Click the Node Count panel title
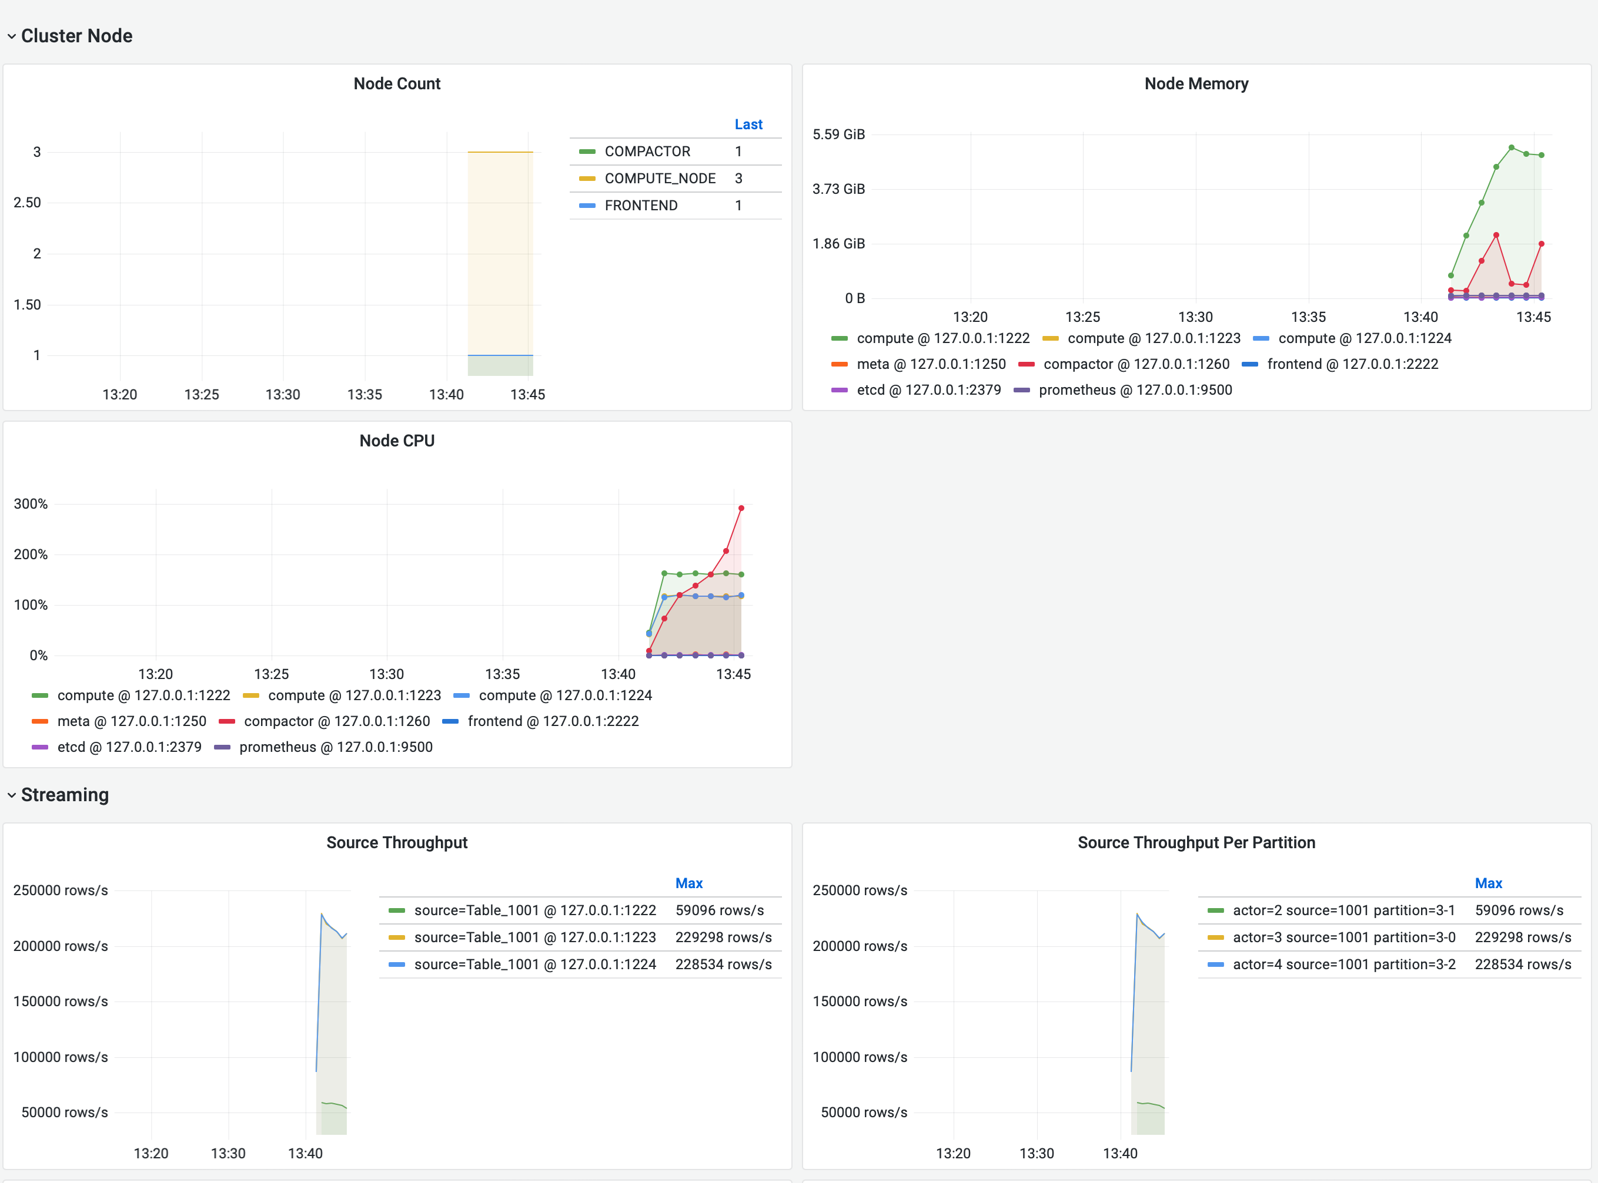pyautogui.click(x=396, y=84)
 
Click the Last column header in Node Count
pyautogui.click(x=748, y=125)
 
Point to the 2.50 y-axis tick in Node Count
pyautogui.click(x=27, y=203)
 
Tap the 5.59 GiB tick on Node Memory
pyautogui.click(x=838, y=135)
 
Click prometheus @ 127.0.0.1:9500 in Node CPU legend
pyautogui.click(x=335, y=747)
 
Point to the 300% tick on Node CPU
pyautogui.click(x=31, y=504)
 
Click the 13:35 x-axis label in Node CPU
pyautogui.click(x=502, y=674)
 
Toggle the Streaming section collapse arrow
pyautogui.click(x=12, y=795)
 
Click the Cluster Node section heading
pyautogui.click(x=76, y=36)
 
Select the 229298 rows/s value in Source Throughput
pyautogui.click(x=723, y=937)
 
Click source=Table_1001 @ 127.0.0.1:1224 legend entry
pyautogui.click(x=534, y=964)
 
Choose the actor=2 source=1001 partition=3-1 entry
pyautogui.click(x=1343, y=910)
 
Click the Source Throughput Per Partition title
pyautogui.click(x=1196, y=843)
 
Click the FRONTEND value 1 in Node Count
pyautogui.click(x=738, y=206)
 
